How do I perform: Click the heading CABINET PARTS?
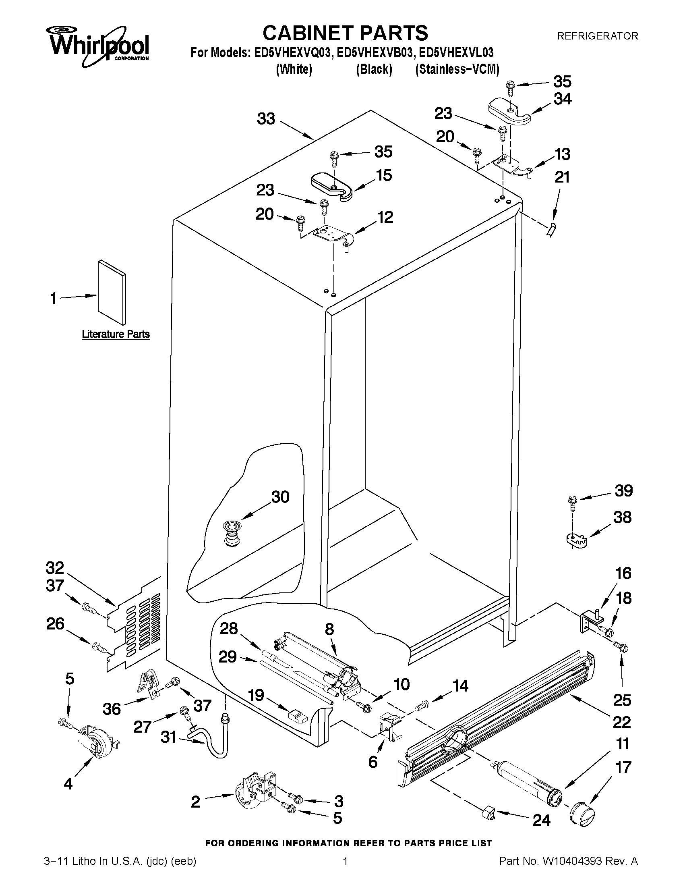pos(345,33)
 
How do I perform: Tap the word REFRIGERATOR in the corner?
pos(597,36)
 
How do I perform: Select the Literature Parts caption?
pos(116,334)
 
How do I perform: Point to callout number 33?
pos(266,119)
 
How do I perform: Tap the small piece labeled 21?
pos(550,230)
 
